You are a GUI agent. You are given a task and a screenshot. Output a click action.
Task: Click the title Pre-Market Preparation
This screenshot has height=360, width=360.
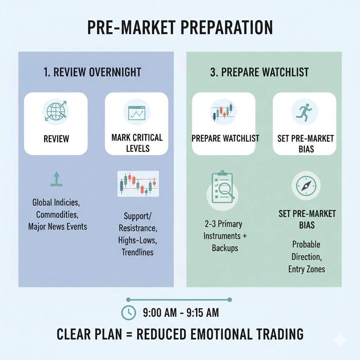pos(180,28)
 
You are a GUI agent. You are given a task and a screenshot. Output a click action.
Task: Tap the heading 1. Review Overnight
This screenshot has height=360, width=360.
pos(92,72)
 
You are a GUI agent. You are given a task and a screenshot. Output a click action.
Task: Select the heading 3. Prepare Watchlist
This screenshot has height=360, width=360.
pos(259,72)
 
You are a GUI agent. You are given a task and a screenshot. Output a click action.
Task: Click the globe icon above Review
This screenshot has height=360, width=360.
pos(56,111)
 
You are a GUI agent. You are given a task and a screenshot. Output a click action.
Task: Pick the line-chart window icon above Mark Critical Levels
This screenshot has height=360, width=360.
pos(136,111)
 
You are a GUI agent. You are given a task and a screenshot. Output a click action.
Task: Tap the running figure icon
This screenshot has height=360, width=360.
pos(304,111)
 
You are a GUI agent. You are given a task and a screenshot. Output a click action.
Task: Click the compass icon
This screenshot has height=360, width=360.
pos(304,186)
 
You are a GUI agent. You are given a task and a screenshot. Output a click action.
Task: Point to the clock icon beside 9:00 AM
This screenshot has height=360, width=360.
pos(128,313)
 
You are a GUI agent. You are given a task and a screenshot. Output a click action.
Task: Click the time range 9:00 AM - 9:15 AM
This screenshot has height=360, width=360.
pos(181,313)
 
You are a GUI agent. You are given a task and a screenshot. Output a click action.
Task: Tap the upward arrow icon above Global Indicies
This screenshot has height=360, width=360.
pos(56,179)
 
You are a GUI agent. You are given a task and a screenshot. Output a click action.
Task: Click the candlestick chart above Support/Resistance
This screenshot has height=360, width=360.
pos(138,184)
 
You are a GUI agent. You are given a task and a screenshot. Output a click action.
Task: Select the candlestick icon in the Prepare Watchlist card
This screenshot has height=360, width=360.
pos(223,111)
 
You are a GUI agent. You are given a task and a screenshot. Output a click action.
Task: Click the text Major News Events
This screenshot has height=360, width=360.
pos(58,226)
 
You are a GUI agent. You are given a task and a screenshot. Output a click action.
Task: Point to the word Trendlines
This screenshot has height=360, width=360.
pos(137,252)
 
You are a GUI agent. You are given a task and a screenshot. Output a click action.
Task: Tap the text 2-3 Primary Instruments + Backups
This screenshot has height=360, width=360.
pos(225,236)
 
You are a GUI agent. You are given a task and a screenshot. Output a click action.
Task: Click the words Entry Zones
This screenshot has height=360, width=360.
pos(307,269)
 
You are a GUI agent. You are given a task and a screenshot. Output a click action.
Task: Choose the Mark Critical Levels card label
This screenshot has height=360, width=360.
pos(137,142)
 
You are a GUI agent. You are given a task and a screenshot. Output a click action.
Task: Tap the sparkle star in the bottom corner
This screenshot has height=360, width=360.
pos(340,340)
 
